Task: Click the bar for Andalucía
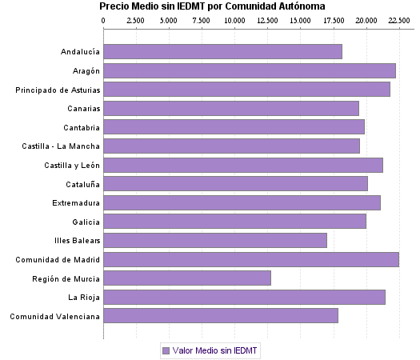[x=222, y=52]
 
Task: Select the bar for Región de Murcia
[x=187, y=278]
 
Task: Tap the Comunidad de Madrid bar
[x=251, y=259]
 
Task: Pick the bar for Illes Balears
[x=215, y=240]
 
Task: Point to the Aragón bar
[x=250, y=70]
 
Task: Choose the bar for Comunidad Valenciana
[x=221, y=316]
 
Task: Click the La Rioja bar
[x=244, y=297]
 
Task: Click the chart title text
[x=212, y=6]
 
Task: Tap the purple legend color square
[x=166, y=350]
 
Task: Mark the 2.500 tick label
[x=136, y=19]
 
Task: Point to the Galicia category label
[x=86, y=222]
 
